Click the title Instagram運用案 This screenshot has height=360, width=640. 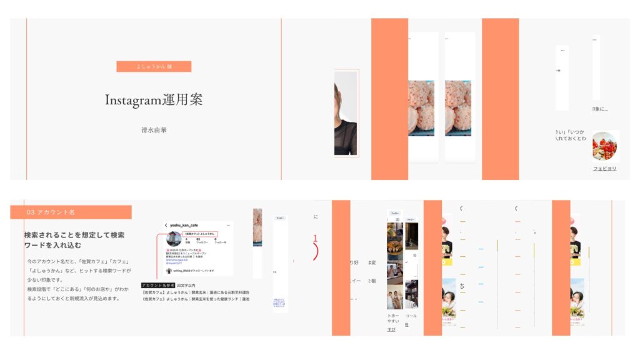[154, 100]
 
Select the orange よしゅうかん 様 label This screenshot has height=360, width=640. [154, 66]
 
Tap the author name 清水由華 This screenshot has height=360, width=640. [154, 130]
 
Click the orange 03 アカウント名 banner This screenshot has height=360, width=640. [71, 212]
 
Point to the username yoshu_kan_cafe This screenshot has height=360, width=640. [184, 225]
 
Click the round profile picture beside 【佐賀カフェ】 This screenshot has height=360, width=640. [174, 238]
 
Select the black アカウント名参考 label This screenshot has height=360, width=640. [158, 285]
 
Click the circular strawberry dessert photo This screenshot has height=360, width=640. [604, 146]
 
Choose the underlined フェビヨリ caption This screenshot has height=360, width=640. [604, 169]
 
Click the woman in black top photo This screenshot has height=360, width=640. [346, 113]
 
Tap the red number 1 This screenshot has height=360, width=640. [316, 239]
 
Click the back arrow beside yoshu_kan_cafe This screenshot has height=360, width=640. [166, 225]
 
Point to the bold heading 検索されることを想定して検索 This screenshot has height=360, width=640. [74, 235]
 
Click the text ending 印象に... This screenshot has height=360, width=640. [600, 109]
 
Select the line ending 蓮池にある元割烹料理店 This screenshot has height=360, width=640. [196, 292]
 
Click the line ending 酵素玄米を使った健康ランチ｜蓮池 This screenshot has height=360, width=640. [196, 299]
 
